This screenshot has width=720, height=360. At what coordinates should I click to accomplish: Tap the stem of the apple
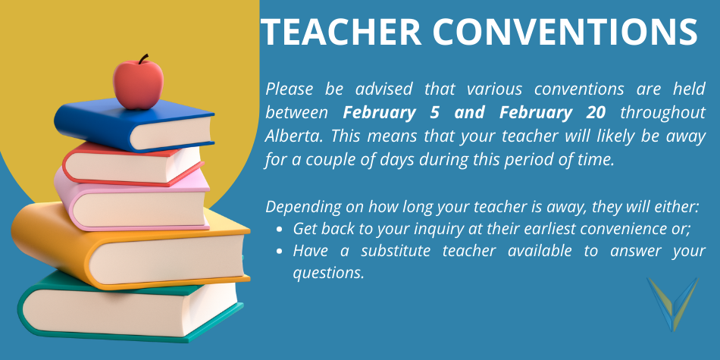(142, 59)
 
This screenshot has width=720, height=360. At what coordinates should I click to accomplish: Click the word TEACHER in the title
(341, 32)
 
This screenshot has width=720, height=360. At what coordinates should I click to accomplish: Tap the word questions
(328, 273)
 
